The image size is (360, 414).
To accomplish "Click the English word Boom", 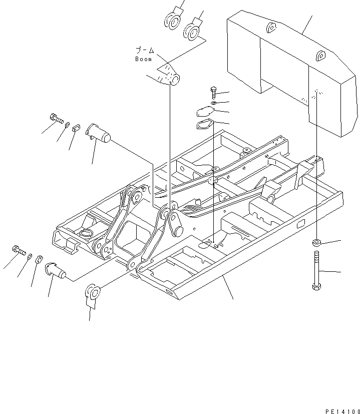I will pyautogui.click(x=143, y=59).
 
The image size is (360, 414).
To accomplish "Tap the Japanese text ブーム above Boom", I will pyautogui.click(x=146, y=51).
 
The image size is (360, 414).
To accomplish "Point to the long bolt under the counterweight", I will pyautogui.click(x=316, y=271).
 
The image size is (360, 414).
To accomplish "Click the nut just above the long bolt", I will pyautogui.click(x=316, y=243).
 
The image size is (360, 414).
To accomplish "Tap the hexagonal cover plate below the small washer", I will pyautogui.click(x=205, y=113).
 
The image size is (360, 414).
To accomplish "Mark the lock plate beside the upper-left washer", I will pyautogui.click(x=77, y=128).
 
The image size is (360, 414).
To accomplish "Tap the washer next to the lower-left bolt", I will pyautogui.click(x=30, y=256).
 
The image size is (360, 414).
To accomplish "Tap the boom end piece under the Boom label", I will pyautogui.click(x=169, y=76).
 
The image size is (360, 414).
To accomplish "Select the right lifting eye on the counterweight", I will pyautogui.click(x=321, y=56).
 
